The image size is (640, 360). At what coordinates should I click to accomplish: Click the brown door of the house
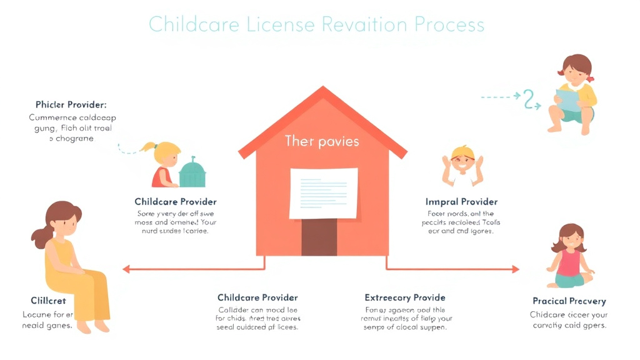[x=319, y=237]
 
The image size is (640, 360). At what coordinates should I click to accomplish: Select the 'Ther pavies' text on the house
[x=322, y=141]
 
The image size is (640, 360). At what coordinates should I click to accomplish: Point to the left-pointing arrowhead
[x=126, y=269]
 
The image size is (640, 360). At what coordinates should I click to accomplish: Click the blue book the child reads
[x=569, y=101]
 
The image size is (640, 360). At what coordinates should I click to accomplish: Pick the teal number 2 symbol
[x=531, y=99]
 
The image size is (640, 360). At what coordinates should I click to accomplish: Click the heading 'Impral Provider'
[x=461, y=202]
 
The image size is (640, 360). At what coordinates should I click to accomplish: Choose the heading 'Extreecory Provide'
[x=405, y=297]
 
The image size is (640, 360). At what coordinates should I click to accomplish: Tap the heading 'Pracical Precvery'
[x=569, y=301]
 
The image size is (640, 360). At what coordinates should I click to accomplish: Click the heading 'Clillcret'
[x=48, y=301]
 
